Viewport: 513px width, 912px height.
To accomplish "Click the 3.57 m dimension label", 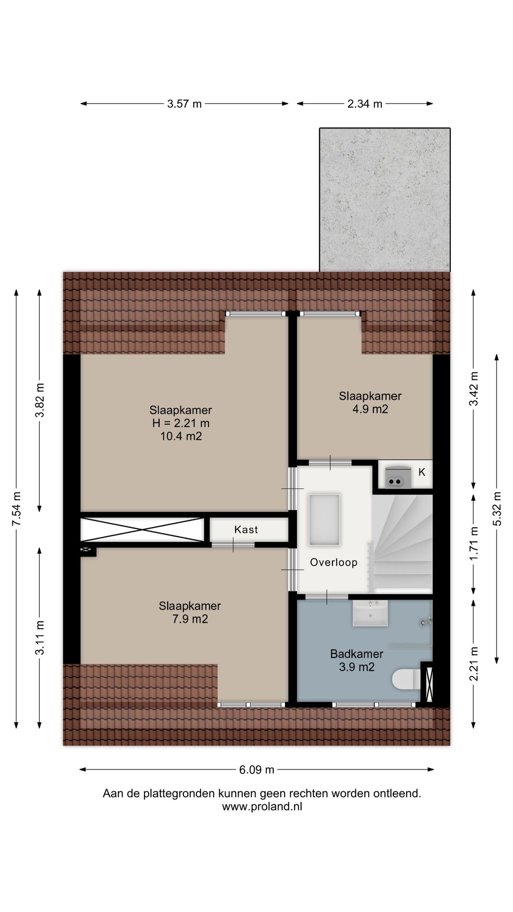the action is (184, 104).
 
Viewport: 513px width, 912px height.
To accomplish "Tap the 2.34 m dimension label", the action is (365, 104).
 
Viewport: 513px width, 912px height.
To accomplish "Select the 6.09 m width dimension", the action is (256, 770).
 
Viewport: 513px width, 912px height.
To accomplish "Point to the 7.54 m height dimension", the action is (17, 508).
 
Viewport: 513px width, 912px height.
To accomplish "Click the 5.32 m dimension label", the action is (497, 508).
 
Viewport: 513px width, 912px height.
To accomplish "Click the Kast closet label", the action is (246, 530).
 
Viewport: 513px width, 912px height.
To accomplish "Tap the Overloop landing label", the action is (333, 562).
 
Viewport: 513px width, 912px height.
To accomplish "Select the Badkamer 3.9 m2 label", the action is (357, 661).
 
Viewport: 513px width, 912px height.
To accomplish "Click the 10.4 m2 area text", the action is (181, 436).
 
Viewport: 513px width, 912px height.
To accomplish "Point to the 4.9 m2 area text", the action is (370, 409).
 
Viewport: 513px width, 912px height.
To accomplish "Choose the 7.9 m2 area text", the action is (190, 619).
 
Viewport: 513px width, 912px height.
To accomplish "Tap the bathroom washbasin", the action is (370, 613).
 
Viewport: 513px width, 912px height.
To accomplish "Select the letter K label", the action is (422, 473).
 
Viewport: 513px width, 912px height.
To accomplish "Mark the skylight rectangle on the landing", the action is (324, 520).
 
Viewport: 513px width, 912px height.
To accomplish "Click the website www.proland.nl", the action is (262, 807).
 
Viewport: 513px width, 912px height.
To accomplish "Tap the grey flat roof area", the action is (385, 199).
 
